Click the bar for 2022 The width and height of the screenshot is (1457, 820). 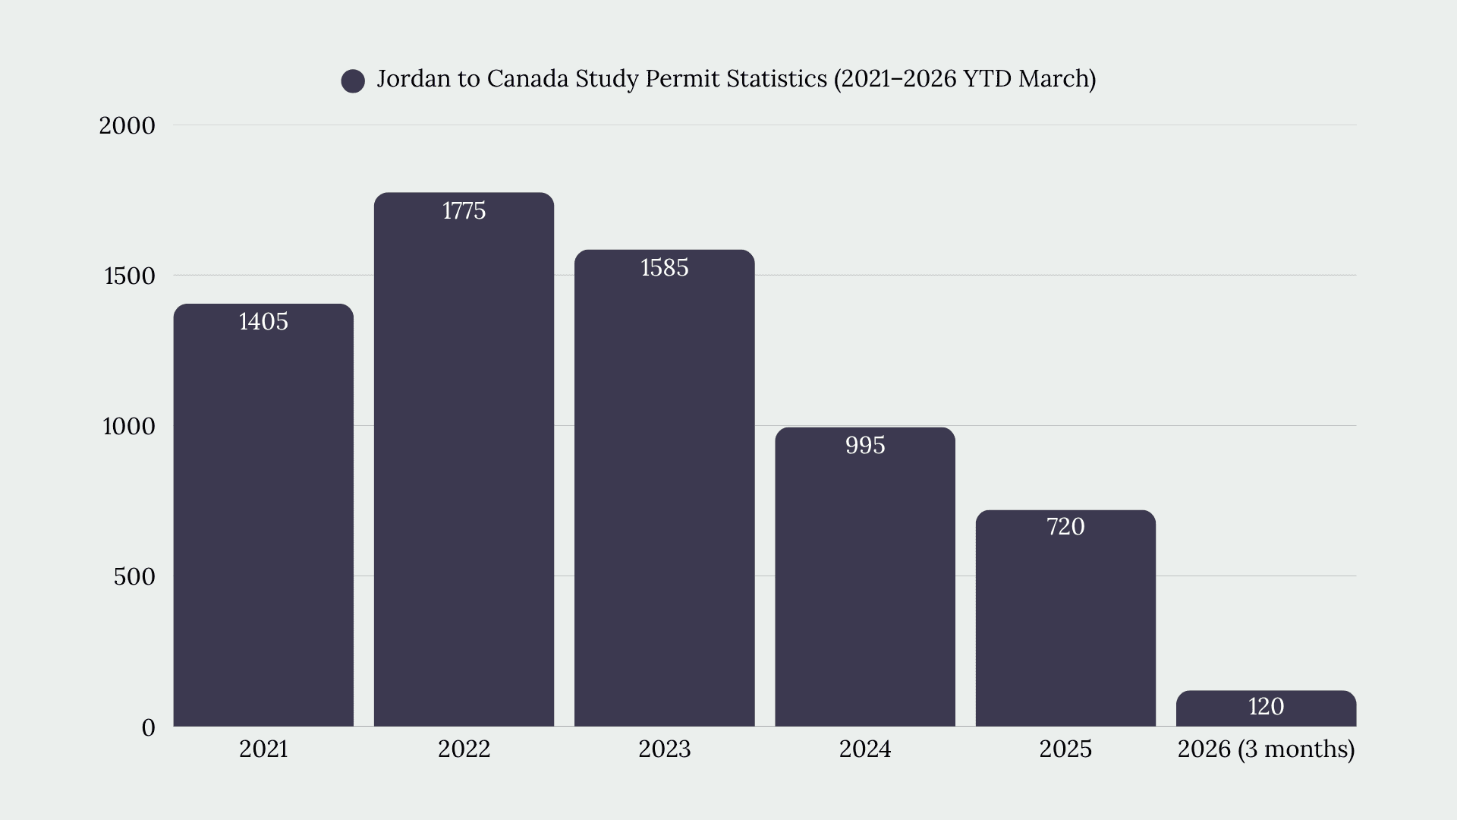pyautogui.click(x=464, y=459)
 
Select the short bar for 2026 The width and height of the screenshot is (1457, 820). pyautogui.click(x=1266, y=708)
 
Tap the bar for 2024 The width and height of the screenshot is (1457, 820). pyautogui.click(x=865, y=577)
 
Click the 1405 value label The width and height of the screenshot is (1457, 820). pyautogui.click(x=263, y=322)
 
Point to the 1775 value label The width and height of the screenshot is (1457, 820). pyautogui.click(x=464, y=211)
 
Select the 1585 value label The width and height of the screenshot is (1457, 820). pyautogui.click(x=665, y=268)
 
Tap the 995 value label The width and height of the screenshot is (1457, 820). pyautogui.click(x=865, y=446)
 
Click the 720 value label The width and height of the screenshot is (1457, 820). pyautogui.click(x=1065, y=527)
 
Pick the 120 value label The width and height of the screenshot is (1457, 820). pyautogui.click(x=1266, y=707)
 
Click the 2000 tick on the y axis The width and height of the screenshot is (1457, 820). pyautogui.click(x=127, y=126)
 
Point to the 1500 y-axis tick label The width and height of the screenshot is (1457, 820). pyautogui.click(x=129, y=276)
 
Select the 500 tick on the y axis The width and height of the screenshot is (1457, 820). pyautogui.click(x=134, y=577)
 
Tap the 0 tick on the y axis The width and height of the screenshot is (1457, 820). pyautogui.click(x=148, y=728)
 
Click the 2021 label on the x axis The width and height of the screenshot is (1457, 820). pyautogui.click(x=263, y=749)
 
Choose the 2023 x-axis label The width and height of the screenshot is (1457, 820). pyautogui.click(x=665, y=749)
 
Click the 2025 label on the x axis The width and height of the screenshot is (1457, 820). pyautogui.click(x=1065, y=749)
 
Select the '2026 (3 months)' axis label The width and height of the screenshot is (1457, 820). pyautogui.click(x=1266, y=749)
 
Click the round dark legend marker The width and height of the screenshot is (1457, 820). pyautogui.click(x=353, y=80)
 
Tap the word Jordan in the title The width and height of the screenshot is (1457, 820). pyautogui.click(x=413, y=79)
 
